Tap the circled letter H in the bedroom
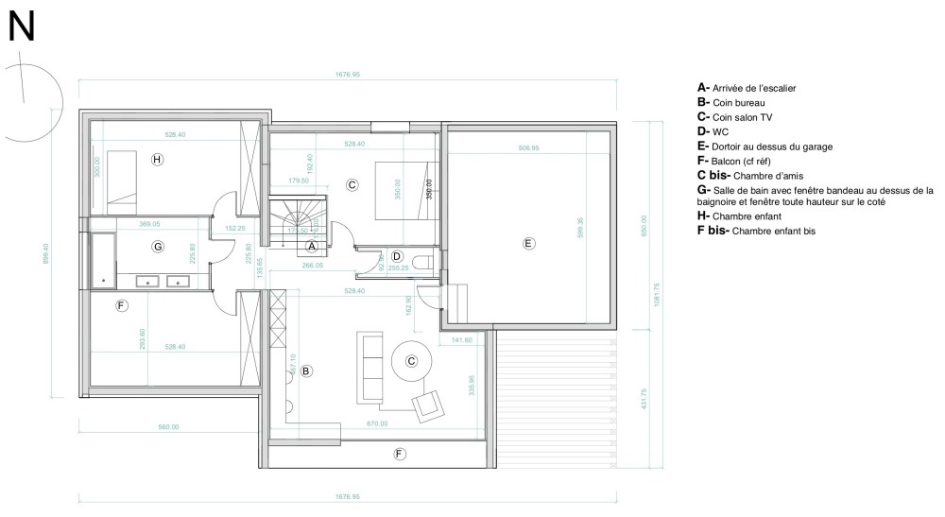coord(157,160)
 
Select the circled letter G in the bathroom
coord(159,247)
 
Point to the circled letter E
coord(528,243)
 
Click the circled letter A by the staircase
coord(310,245)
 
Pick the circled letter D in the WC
coord(397,256)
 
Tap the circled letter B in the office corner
coord(306,371)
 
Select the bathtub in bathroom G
coord(100,252)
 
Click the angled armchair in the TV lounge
coord(428,405)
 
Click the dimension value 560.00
coord(169,427)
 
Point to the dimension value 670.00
coord(376,422)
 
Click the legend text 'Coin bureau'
coord(738,102)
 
